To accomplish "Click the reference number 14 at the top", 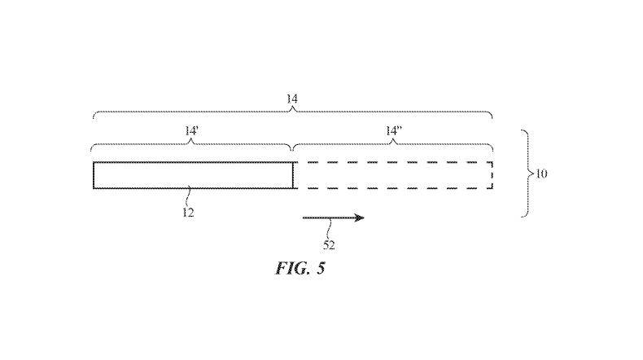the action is (291, 99).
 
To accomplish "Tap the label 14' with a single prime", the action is (191, 131).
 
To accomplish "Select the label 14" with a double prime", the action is (394, 131).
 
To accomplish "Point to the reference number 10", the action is (541, 173).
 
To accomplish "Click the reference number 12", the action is (188, 213).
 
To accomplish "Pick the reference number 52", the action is (329, 245).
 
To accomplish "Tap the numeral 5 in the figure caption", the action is (321, 268).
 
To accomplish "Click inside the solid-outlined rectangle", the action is (193, 175).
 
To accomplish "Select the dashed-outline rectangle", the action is (394, 162).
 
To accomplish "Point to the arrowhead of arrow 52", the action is (359, 217).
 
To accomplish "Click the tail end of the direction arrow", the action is (304, 217).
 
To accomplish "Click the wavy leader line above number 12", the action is (188, 197).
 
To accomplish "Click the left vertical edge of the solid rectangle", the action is (94, 175).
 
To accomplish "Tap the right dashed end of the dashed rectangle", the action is (492, 175).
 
